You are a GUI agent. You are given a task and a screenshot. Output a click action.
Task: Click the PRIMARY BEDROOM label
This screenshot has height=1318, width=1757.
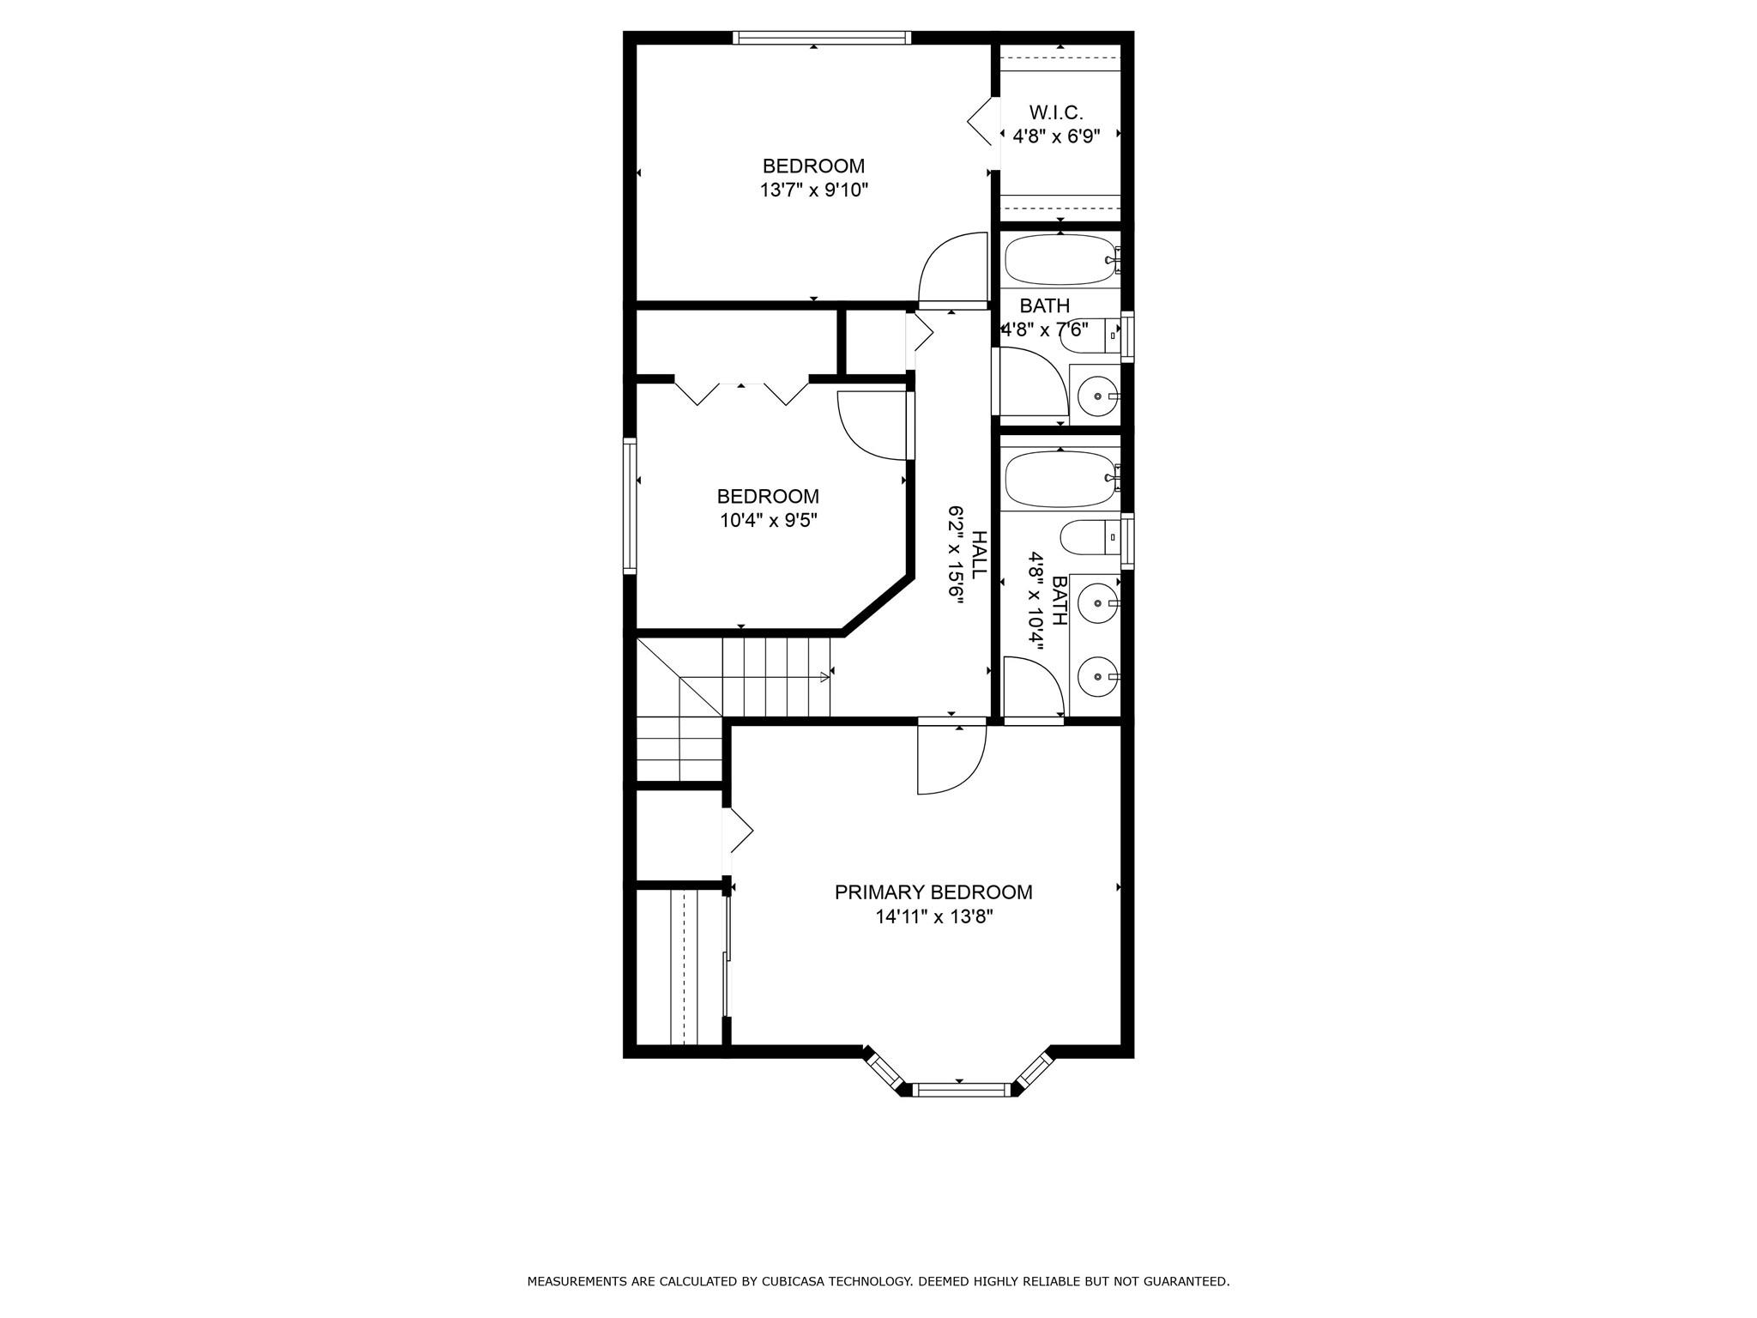point(933,892)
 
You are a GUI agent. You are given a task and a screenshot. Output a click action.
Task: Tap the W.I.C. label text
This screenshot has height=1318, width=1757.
point(1056,112)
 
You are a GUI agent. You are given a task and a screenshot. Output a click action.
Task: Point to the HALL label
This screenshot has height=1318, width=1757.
point(979,554)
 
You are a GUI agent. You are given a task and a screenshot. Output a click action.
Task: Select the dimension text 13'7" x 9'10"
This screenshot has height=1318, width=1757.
point(814,190)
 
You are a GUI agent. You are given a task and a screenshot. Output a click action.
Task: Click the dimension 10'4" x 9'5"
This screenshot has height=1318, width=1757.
point(768,520)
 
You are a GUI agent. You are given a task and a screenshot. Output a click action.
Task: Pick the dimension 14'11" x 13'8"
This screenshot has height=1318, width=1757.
point(933,916)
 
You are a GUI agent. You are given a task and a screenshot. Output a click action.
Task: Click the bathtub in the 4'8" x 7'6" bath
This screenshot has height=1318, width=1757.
point(1060,260)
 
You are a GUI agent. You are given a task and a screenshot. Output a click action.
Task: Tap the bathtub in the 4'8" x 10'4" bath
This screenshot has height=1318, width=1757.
point(1060,478)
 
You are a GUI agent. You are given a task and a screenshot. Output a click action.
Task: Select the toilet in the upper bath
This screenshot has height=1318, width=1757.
point(1090,335)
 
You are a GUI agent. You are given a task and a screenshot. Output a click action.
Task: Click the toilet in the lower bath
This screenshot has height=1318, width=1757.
point(1090,538)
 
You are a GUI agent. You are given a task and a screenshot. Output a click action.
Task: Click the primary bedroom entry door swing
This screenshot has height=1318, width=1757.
point(952,759)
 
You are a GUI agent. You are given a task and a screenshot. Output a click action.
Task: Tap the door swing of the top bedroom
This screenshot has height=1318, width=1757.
point(952,268)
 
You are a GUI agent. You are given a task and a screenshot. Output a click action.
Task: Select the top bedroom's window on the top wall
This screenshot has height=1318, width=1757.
point(822,38)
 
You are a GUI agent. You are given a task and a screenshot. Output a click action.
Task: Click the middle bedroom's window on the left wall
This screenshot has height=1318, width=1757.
point(630,505)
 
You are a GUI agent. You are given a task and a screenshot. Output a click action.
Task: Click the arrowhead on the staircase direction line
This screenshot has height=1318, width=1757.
point(825,677)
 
